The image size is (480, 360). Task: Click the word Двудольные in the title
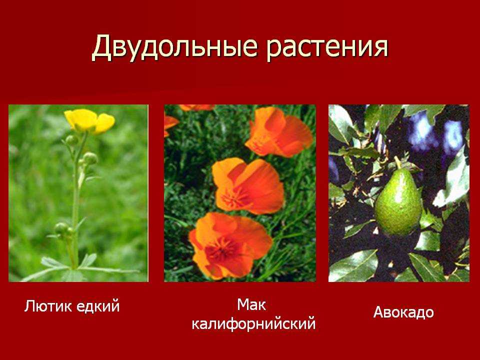[x=174, y=47]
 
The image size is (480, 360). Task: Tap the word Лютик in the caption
[x=48, y=306]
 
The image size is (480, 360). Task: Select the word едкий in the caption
[x=97, y=306]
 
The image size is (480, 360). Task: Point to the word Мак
[x=251, y=305]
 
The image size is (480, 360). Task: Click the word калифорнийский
[x=253, y=324]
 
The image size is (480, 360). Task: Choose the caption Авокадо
[x=403, y=312]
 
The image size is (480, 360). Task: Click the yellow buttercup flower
[x=89, y=121]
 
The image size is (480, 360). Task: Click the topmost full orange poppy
[x=278, y=131]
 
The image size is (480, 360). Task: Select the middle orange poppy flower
[x=248, y=186]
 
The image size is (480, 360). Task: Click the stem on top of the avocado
[x=397, y=162]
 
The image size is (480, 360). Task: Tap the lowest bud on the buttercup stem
[x=61, y=228]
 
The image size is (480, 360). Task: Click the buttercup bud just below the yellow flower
[x=72, y=140]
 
